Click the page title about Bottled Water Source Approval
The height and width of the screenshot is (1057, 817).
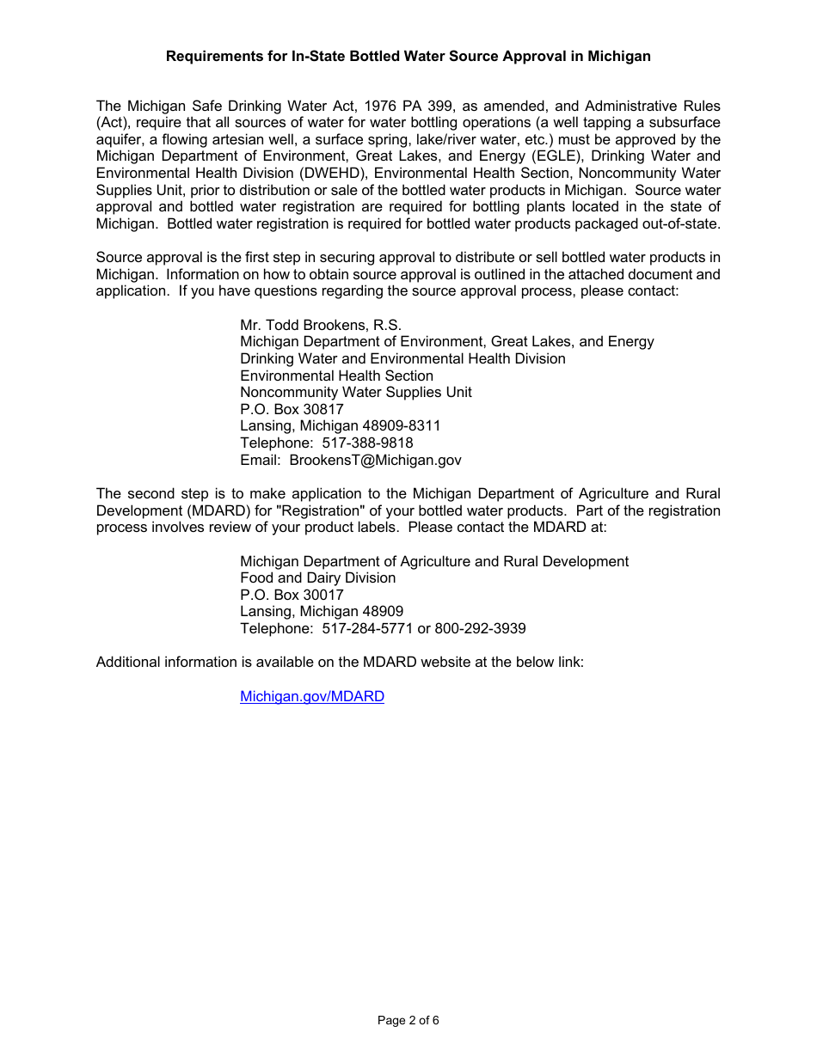coord(408,57)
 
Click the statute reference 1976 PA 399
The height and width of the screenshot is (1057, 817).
coord(409,106)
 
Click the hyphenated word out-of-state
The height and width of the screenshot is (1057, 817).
coord(679,223)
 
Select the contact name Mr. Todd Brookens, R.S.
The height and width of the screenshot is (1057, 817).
coord(321,325)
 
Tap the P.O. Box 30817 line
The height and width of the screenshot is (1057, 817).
coord(292,409)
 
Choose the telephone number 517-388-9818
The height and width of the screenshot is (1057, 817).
coord(367,443)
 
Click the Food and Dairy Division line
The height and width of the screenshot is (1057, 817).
coord(317,577)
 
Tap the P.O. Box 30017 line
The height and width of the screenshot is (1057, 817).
coord(292,595)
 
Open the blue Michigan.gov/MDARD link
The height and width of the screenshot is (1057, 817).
coord(312,696)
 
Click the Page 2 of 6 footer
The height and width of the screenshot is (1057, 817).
coord(408,1021)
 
